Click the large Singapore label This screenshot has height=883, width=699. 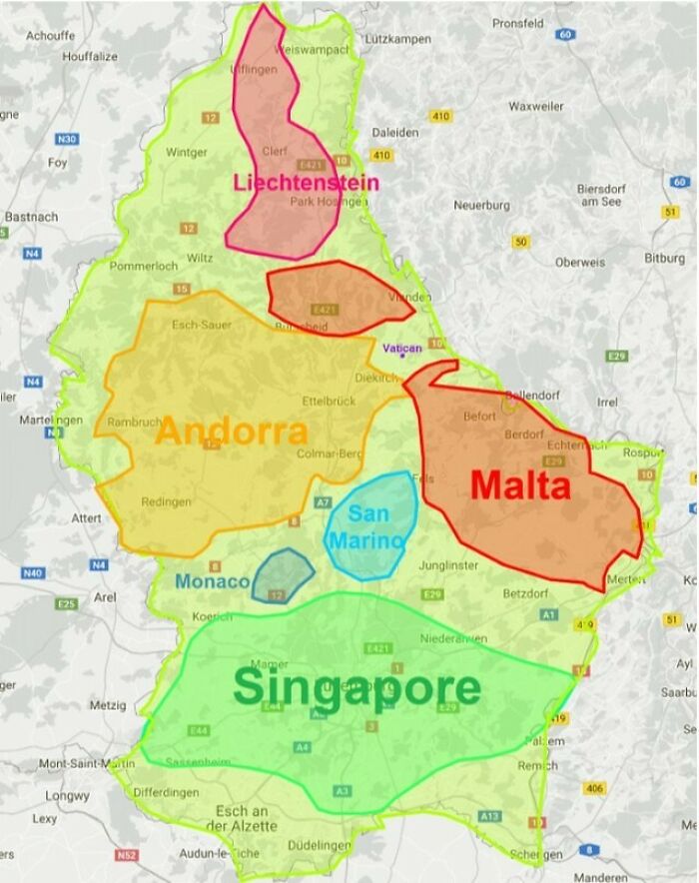[x=356, y=689]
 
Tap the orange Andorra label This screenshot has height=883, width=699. [x=232, y=432]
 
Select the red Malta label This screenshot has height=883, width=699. [x=520, y=485]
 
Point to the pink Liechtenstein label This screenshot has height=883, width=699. [x=306, y=183]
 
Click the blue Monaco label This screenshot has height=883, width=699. [x=212, y=581]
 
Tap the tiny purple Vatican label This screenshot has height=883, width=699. [x=402, y=348]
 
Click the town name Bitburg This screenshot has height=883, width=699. [x=665, y=258]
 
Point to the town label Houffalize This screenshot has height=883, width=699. [x=90, y=57]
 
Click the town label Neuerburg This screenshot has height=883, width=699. [x=482, y=205]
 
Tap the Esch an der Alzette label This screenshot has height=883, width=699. [x=240, y=818]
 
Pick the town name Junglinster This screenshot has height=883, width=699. [x=452, y=564]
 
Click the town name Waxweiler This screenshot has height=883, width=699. [x=536, y=106]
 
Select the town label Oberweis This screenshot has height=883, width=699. [x=580, y=263]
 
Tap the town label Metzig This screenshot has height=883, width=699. [x=108, y=705]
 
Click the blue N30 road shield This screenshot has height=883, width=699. [x=68, y=139]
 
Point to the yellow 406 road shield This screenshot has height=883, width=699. [x=595, y=788]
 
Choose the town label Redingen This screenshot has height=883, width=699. [x=166, y=501]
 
